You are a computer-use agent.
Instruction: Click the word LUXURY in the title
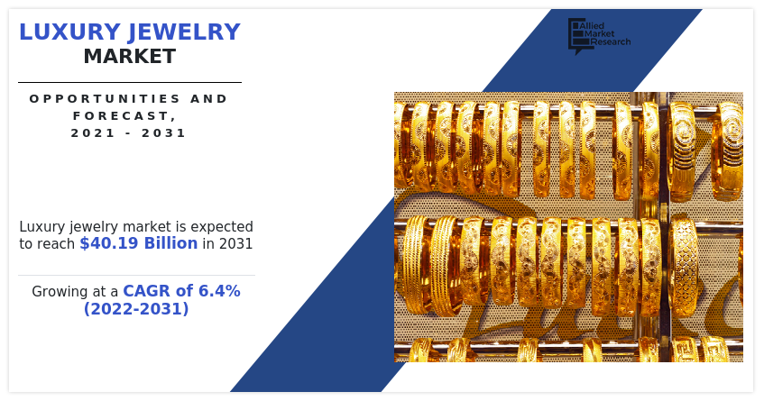tap(69, 32)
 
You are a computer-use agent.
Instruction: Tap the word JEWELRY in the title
tap(184, 32)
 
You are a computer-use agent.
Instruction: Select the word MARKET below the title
tap(130, 57)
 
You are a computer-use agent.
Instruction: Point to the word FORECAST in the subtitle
tap(122, 116)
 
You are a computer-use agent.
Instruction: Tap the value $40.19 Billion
tap(139, 242)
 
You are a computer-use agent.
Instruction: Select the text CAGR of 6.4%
tap(181, 291)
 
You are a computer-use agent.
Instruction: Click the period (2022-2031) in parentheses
tap(136, 308)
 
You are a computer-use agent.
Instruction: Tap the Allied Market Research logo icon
tap(577, 36)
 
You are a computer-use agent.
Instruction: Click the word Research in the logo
tap(611, 41)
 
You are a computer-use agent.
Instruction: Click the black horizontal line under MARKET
tap(130, 82)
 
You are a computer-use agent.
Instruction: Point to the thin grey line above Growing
tap(136, 276)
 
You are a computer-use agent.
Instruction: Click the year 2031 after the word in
tap(235, 243)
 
